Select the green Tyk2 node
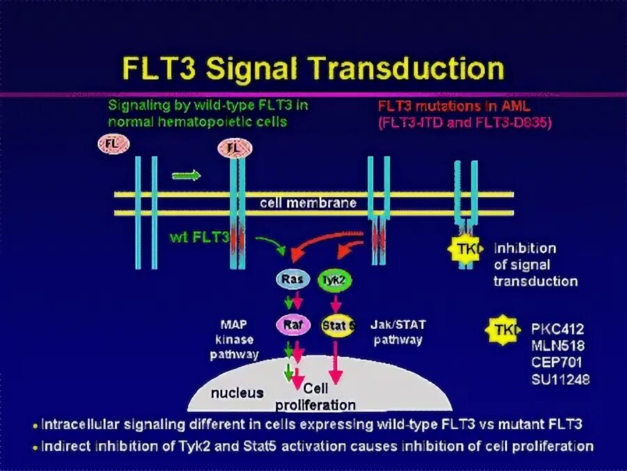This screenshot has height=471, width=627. point(334,280)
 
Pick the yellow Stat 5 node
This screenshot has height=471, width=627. point(338,325)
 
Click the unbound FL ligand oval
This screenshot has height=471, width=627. point(111,145)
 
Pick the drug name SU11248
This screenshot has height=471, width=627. point(560,380)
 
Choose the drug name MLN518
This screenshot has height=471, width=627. point(557,346)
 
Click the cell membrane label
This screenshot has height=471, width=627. point(308,203)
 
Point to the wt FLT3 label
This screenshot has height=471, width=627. point(199,237)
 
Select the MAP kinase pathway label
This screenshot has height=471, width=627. point(234,339)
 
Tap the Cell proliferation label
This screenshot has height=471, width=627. point(315,399)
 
